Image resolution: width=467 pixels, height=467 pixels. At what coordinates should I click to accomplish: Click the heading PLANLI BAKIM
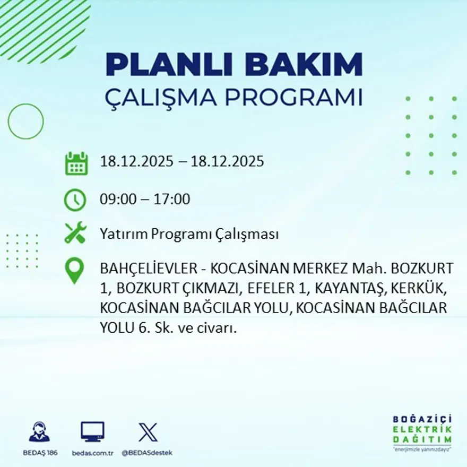pos(234,65)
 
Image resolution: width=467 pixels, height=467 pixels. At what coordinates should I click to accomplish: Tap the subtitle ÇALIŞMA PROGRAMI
pos(234,98)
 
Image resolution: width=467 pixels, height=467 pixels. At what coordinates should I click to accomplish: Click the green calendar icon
pos(76,163)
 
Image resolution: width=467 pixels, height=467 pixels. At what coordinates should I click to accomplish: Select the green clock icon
pos(75,200)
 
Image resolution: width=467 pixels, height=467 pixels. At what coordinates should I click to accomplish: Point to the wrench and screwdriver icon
pos(75,233)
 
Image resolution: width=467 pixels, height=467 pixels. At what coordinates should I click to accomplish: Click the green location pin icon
pos(74,270)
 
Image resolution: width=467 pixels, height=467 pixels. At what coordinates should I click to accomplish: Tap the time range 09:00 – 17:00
pos(145,200)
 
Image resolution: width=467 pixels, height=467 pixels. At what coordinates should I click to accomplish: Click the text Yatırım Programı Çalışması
pos(189,234)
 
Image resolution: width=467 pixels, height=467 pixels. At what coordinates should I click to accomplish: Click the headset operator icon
pos(39,432)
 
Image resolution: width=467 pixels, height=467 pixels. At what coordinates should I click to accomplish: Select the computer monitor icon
pos(92,431)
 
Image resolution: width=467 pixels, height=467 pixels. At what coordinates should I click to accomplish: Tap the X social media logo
pos(148,432)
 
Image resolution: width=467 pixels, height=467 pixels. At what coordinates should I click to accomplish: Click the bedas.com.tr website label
pos(93,453)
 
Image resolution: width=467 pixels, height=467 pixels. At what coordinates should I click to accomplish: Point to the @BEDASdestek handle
pos(147,453)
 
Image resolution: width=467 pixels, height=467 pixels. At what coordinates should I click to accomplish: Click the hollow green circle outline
pos(26,122)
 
